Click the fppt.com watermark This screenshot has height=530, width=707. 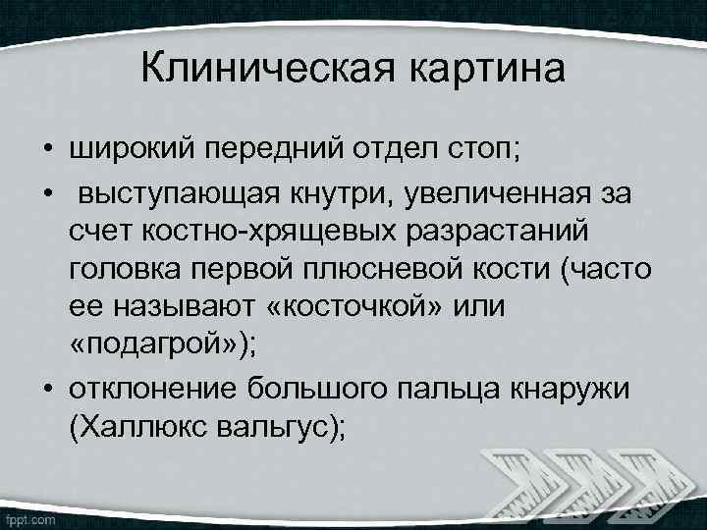[x=30, y=516]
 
